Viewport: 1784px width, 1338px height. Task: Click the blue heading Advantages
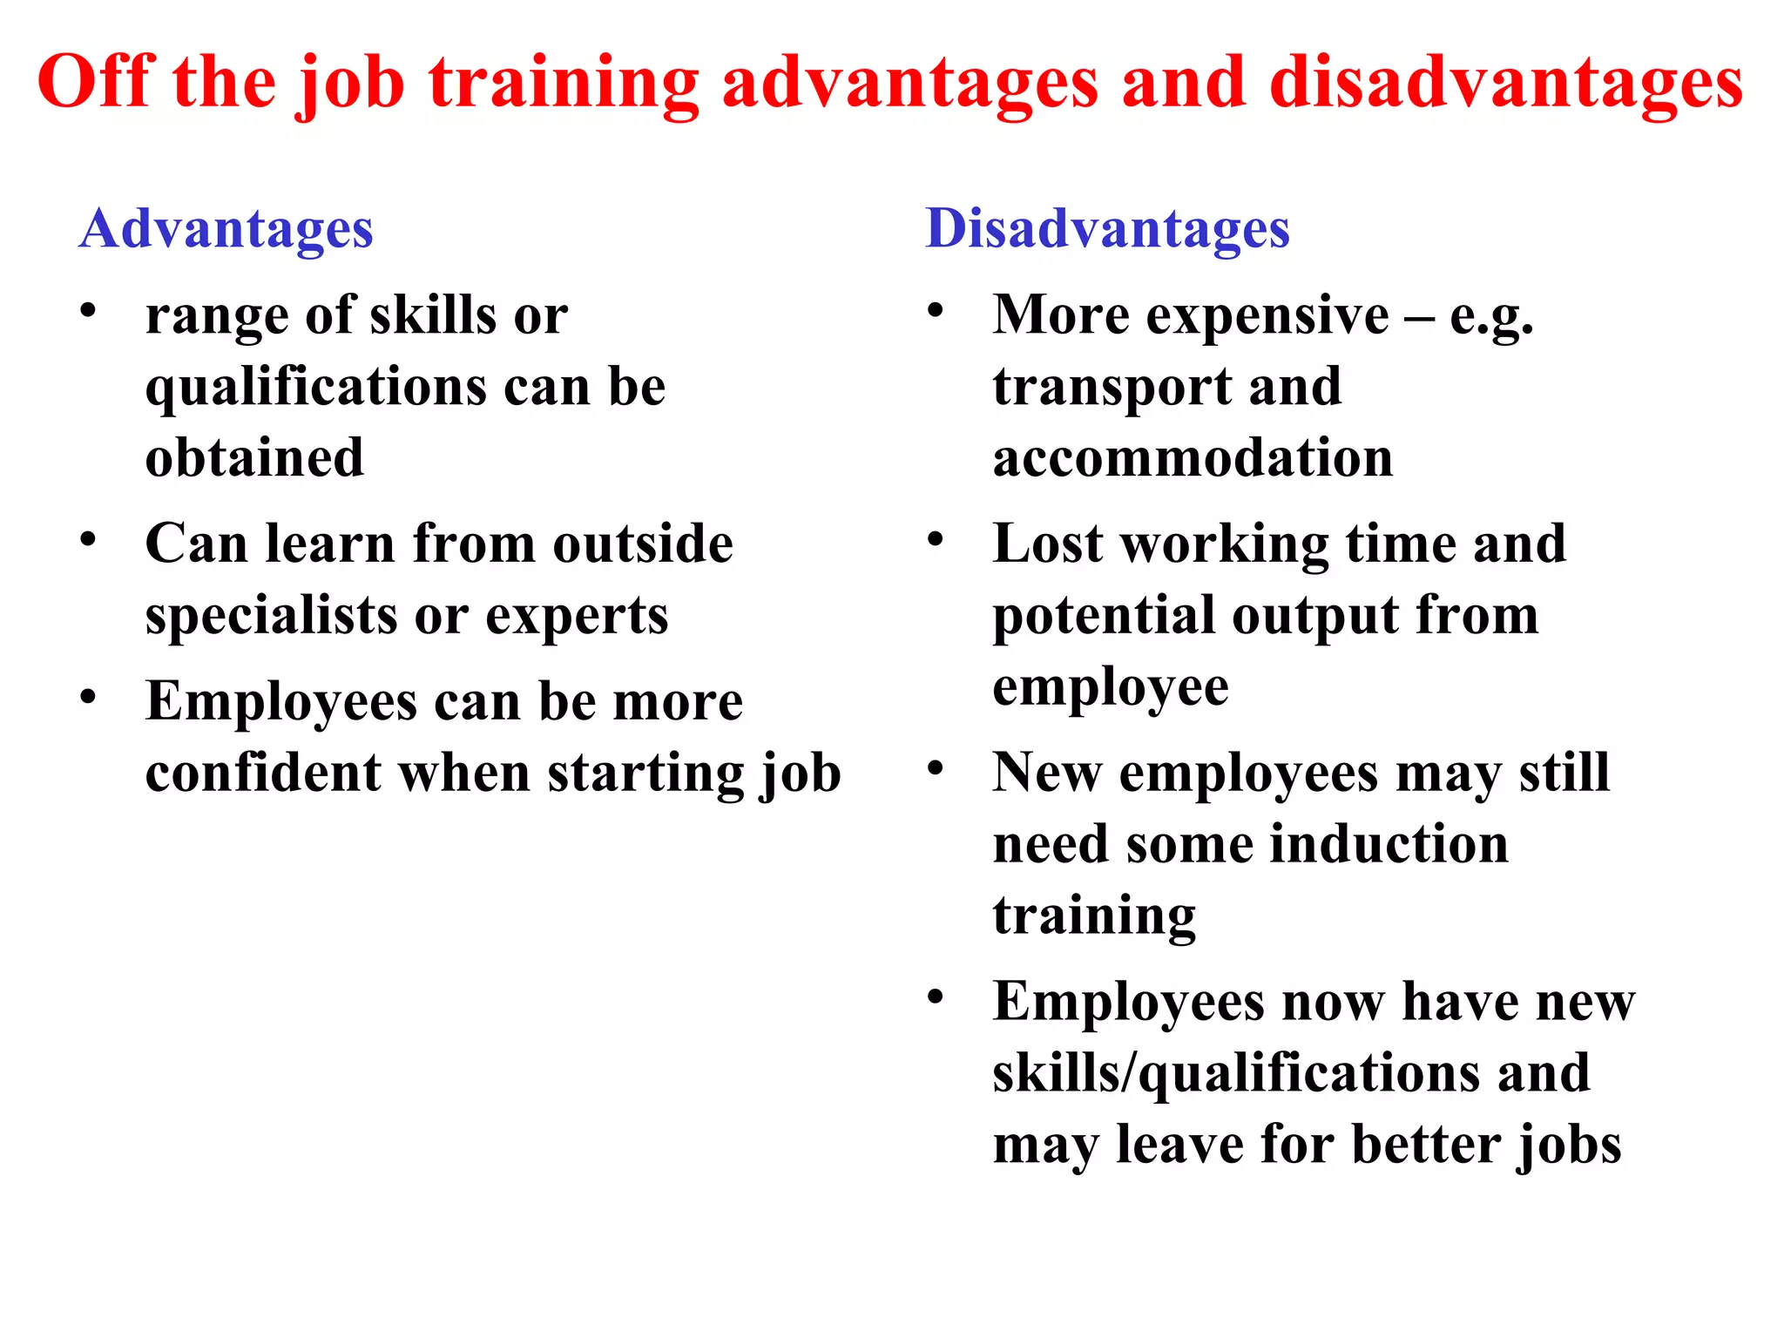click(226, 229)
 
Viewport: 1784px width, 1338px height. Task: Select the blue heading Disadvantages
click(1107, 229)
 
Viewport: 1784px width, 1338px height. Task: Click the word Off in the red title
click(96, 82)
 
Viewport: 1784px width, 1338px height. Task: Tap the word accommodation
click(1193, 458)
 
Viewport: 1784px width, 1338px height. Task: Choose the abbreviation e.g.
click(1490, 317)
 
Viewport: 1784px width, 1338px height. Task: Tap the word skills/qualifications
click(1235, 1073)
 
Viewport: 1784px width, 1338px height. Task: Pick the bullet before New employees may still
click(936, 768)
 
